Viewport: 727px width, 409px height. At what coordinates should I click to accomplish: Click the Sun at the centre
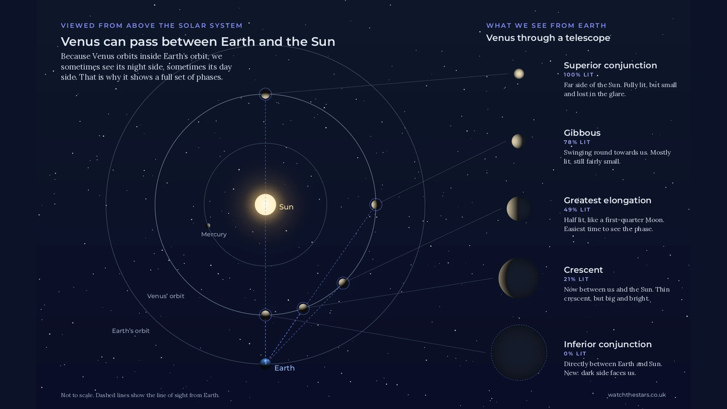coord(265,205)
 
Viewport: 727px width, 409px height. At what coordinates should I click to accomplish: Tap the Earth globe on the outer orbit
coord(265,364)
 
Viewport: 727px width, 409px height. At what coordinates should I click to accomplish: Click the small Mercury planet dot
coord(209,225)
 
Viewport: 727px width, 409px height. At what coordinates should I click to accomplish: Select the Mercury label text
coord(214,234)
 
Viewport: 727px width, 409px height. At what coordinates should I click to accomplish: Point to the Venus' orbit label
coord(165,296)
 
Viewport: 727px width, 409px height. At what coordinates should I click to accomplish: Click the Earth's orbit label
coord(131,331)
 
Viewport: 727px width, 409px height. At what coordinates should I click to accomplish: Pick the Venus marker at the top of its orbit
coord(265,95)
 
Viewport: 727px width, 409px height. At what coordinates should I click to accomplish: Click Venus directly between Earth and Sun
coord(265,314)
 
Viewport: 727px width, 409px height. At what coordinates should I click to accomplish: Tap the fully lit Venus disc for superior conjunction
coord(518,74)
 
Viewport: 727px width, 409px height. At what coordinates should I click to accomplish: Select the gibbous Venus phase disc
coord(518,141)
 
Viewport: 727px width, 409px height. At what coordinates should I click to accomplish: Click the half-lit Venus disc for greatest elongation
coord(518,209)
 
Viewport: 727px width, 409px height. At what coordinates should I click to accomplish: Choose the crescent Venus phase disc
coord(518,278)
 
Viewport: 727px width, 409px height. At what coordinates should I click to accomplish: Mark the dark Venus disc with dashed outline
coord(518,353)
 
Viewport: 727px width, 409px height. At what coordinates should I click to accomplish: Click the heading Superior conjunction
coord(610,65)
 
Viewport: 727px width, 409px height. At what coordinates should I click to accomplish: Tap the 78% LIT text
coord(577,142)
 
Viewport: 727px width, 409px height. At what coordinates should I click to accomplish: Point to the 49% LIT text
coord(577,209)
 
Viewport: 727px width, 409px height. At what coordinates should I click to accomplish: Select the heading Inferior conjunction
coord(607,344)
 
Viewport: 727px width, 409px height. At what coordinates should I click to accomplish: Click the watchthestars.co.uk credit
coord(637,395)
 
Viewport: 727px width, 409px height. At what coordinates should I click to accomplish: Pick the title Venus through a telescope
coord(548,38)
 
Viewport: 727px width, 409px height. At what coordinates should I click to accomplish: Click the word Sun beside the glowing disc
coord(286,207)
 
